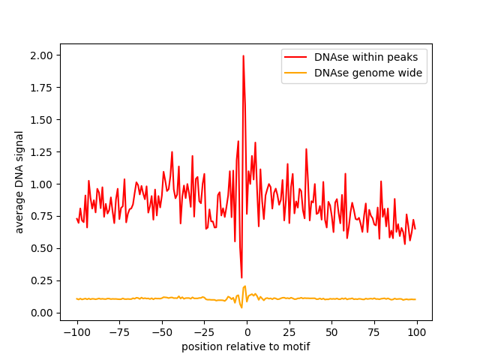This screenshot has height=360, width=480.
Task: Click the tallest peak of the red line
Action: pyautogui.click(x=243, y=55)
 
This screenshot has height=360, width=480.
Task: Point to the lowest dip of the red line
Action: pyautogui.click(x=241, y=277)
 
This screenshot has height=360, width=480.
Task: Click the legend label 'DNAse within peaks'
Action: pyautogui.click(x=366, y=57)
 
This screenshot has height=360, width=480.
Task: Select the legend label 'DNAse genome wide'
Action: pyautogui.click(x=368, y=73)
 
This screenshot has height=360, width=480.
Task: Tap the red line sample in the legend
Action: pyautogui.click(x=295, y=57)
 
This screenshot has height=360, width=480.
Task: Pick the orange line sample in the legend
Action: pyautogui.click(x=295, y=73)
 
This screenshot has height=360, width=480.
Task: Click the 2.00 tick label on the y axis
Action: pyautogui.click(x=42, y=55)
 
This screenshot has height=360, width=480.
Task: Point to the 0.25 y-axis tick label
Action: pyautogui.click(x=42, y=280)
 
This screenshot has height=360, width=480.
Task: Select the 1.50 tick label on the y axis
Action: pyautogui.click(x=42, y=120)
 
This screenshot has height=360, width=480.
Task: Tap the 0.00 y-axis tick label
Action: pyautogui.click(x=42, y=313)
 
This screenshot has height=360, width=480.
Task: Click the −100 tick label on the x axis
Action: pyautogui.click(x=76, y=332)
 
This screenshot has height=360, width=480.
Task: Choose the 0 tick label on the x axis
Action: pyautogui.click(x=247, y=332)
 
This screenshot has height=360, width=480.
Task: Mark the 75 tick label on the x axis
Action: pyautogui.click(x=374, y=332)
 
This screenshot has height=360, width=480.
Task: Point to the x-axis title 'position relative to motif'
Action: pyautogui.click(x=246, y=346)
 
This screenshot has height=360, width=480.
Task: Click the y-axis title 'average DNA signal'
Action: pyautogui.click(x=19, y=182)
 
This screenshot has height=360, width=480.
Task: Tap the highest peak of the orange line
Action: pyautogui.click(x=245, y=286)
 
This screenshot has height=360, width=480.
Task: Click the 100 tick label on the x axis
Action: pyautogui.click(x=416, y=332)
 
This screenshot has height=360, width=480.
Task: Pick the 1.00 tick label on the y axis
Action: pyautogui.click(x=42, y=184)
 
